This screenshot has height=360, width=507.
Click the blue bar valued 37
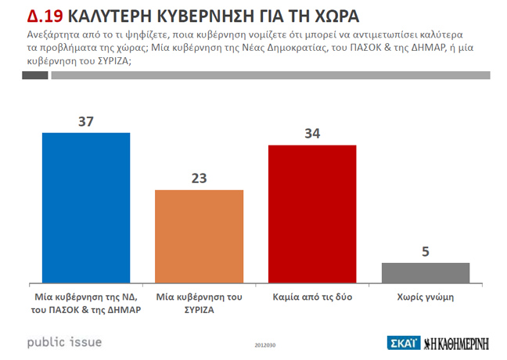pos(85,207)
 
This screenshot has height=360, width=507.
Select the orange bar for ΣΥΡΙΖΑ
pos(200,235)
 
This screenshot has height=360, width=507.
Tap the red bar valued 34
pos(312,213)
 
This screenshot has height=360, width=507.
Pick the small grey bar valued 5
pos(426,272)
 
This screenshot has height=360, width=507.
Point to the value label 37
pos(86,121)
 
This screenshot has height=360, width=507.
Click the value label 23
pos(200,178)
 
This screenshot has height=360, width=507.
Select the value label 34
pos(312,134)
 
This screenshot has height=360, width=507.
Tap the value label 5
pos(426,252)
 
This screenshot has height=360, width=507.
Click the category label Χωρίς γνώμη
pos(426,297)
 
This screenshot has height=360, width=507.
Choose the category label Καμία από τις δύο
pos(312,297)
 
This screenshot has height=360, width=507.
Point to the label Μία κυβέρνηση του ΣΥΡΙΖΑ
pos(200,303)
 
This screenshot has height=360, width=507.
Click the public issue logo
pos(64,342)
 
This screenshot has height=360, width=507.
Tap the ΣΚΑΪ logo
pos(404,343)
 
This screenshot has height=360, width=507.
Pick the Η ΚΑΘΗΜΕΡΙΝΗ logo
pos(460,343)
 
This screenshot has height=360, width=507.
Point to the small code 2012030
pos(265,345)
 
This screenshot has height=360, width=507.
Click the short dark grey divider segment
pos(35,75)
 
